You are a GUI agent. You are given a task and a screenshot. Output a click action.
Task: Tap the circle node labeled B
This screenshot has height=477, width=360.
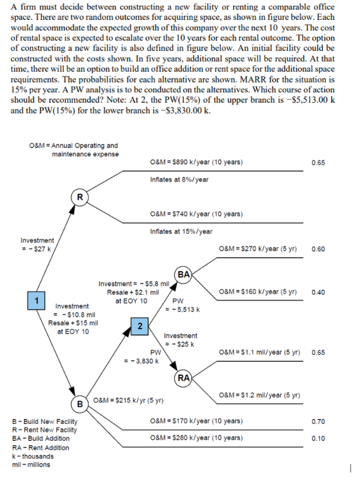tap(79, 404)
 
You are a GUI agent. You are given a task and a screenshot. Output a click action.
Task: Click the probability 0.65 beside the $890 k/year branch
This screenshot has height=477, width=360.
tap(319, 163)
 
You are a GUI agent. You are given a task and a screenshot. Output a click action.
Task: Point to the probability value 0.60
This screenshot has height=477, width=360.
tap(319, 249)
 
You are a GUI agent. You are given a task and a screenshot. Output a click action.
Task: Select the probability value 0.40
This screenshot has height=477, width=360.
tap(319, 292)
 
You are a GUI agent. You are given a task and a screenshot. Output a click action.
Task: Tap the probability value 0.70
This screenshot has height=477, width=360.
tap(319, 421)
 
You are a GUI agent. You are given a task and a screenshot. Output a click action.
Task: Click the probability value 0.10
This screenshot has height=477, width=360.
tap(319, 438)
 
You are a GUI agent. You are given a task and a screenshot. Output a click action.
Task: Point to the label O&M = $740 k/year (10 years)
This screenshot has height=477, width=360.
tap(196, 214)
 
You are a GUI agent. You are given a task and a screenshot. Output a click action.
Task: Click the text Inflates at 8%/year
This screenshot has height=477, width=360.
tap(179, 179)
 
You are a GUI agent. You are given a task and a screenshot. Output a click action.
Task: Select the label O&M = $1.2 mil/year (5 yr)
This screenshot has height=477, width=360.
tap(260, 395)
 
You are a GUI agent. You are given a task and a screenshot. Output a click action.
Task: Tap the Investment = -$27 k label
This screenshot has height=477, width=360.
tap(37, 245)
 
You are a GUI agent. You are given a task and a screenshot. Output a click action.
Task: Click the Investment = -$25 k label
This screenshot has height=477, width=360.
tap(180, 340)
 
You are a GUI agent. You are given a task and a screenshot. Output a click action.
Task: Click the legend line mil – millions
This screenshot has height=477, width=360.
tap(31, 465)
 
